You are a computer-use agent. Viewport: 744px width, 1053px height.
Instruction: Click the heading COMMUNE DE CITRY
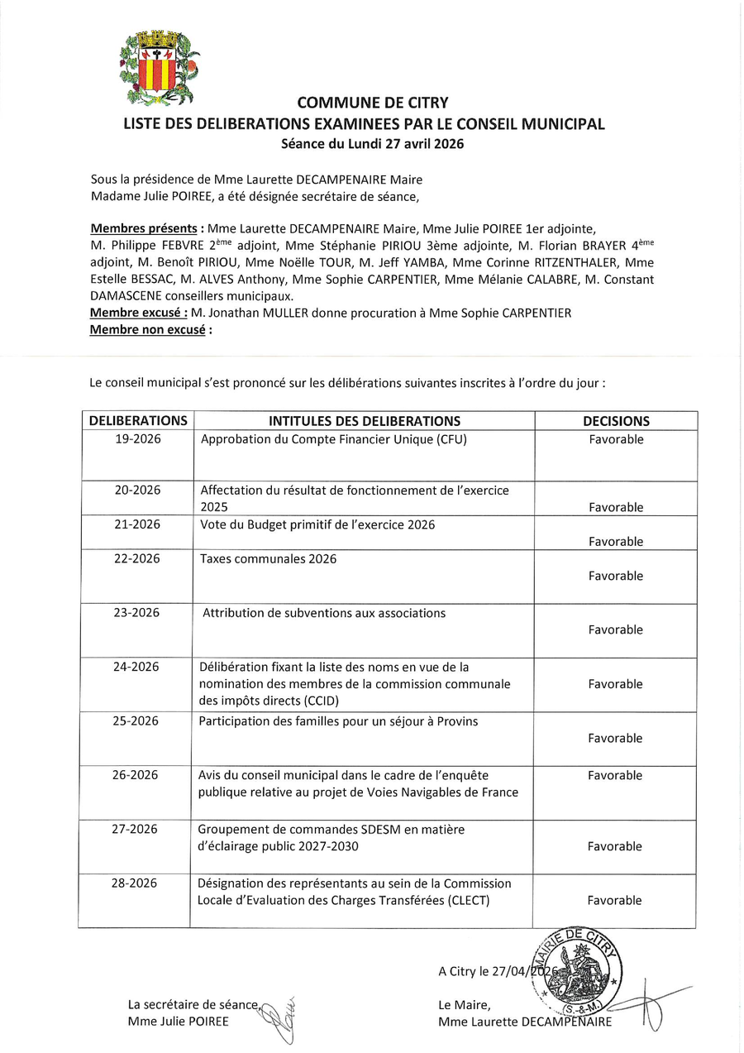coord(372,103)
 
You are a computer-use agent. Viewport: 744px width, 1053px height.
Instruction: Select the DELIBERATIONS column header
coord(138,421)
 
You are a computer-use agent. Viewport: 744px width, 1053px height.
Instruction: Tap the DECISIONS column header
coord(616,421)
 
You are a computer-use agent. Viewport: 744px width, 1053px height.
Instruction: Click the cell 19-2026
coord(138,439)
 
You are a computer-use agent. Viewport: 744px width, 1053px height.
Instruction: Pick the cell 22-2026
coord(137,559)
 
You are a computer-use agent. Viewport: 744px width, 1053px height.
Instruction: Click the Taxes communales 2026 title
coord(268,559)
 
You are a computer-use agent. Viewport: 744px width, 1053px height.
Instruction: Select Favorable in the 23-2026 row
coord(615,630)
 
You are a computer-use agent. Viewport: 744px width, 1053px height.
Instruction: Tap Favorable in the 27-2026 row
coord(614,847)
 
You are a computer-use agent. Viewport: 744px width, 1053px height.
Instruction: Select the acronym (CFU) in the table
coord(451,439)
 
